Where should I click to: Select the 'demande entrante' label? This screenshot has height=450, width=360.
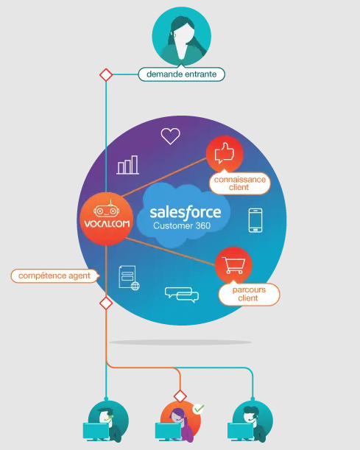(x=181, y=74)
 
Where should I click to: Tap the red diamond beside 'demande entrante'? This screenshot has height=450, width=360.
(x=106, y=74)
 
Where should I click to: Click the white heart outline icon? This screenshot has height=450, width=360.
(x=171, y=136)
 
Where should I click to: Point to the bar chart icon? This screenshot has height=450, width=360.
(x=128, y=164)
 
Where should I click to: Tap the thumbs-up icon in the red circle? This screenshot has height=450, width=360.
(x=224, y=154)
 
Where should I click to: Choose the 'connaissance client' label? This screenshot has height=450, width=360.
(x=239, y=182)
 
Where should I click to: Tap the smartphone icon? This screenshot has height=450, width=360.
(x=255, y=220)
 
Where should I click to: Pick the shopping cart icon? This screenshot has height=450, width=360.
(x=233, y=265)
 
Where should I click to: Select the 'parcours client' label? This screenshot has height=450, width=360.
(x=249, y=294)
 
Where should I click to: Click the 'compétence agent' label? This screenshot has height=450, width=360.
(x=54, y=275)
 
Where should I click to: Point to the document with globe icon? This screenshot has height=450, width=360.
(x=128, y=278)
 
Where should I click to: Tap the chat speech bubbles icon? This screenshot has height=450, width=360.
(x=182, y=294)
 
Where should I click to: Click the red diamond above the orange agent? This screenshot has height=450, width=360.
(x=180, y=395)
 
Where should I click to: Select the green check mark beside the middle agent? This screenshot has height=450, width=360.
(x=198, y=408)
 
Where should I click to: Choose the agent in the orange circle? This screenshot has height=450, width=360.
(x=177, y=422)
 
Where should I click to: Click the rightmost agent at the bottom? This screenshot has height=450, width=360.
(x=250, y=422)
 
